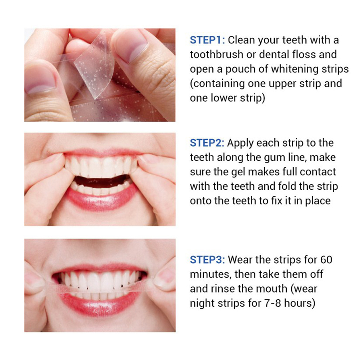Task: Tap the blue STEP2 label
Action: (x=207, y=143)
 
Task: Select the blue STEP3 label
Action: (x=207, y=260)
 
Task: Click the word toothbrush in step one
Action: (x=217, y=55)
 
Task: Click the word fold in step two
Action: (x=287, y=186)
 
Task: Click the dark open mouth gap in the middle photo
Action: (x=101, y=181)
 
